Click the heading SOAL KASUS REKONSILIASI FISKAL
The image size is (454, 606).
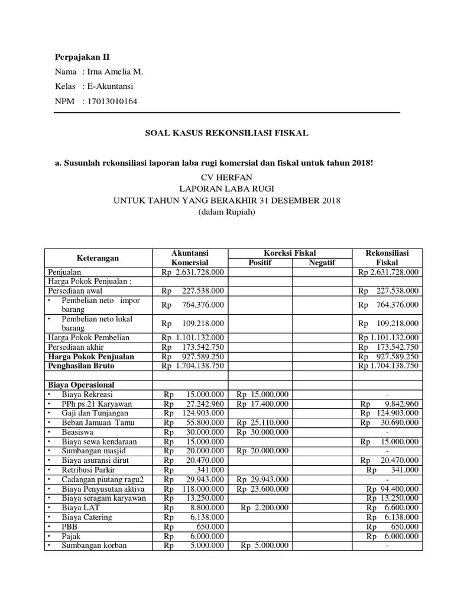coord(227,134)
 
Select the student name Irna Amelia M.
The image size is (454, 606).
coord(115,72)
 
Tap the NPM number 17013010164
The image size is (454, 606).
coord(112,102)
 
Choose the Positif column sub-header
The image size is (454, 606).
coord(260,263)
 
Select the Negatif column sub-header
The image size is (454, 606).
coord(322,263)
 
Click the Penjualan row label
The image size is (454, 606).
coord(65,272)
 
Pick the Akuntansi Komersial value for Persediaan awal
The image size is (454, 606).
coord(193,291)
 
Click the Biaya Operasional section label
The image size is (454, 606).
coord(81,385)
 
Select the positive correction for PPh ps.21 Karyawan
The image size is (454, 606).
coord(262,404)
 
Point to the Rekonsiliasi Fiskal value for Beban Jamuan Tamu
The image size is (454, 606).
coord(389,423)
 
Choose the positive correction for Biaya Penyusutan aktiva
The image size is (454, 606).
coord(262,489)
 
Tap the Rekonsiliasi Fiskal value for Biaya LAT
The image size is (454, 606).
coord(392,508)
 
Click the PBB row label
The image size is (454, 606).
coord(69,527)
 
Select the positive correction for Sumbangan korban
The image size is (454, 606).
coord(264,546)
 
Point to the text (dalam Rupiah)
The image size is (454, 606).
coord(227,212)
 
